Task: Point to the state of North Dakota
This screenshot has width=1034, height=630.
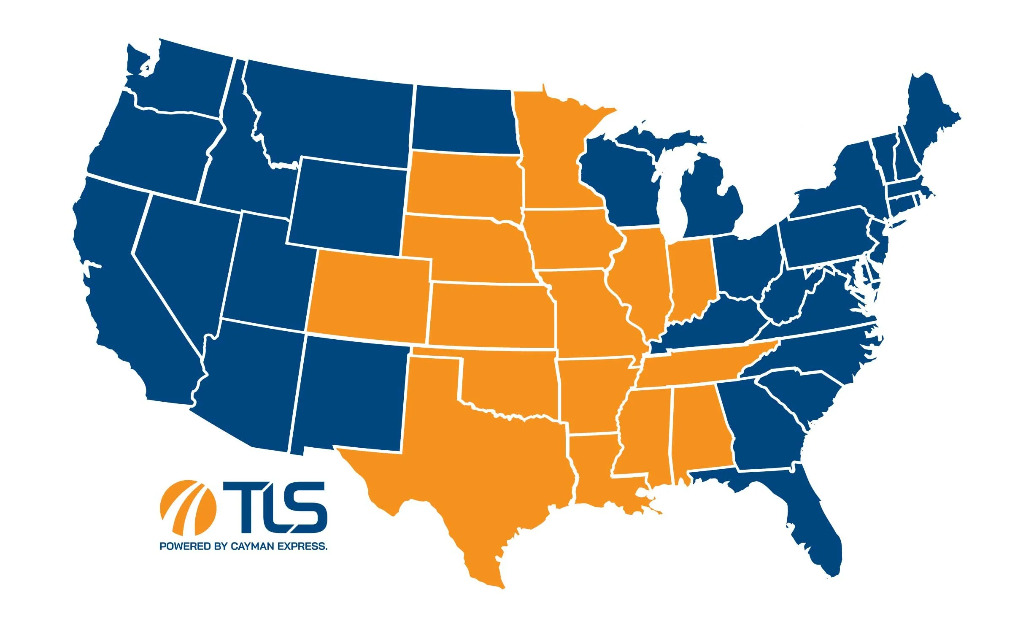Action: (464, 120)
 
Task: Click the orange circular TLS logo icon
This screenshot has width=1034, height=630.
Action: (188, 506)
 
